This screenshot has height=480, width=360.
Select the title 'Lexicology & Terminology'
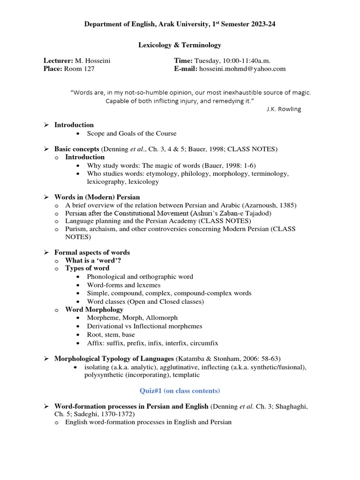[x=180, y=45]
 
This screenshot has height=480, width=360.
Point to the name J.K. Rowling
[x=284, y=109]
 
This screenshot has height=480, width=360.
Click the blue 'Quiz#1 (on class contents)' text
[x=180, y=390]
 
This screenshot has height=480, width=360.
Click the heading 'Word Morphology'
[x=94, y=309]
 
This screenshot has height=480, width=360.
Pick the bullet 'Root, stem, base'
[x=111, y=335]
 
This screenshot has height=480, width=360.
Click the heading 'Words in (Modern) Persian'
[x=97, y=197]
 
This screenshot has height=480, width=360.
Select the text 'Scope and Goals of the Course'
[x=132, y=134]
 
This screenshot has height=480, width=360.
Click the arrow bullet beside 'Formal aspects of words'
[x=46, y=253]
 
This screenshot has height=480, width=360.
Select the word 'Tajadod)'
[x=259, y=213]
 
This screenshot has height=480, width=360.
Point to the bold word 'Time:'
[x=183, y=60]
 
